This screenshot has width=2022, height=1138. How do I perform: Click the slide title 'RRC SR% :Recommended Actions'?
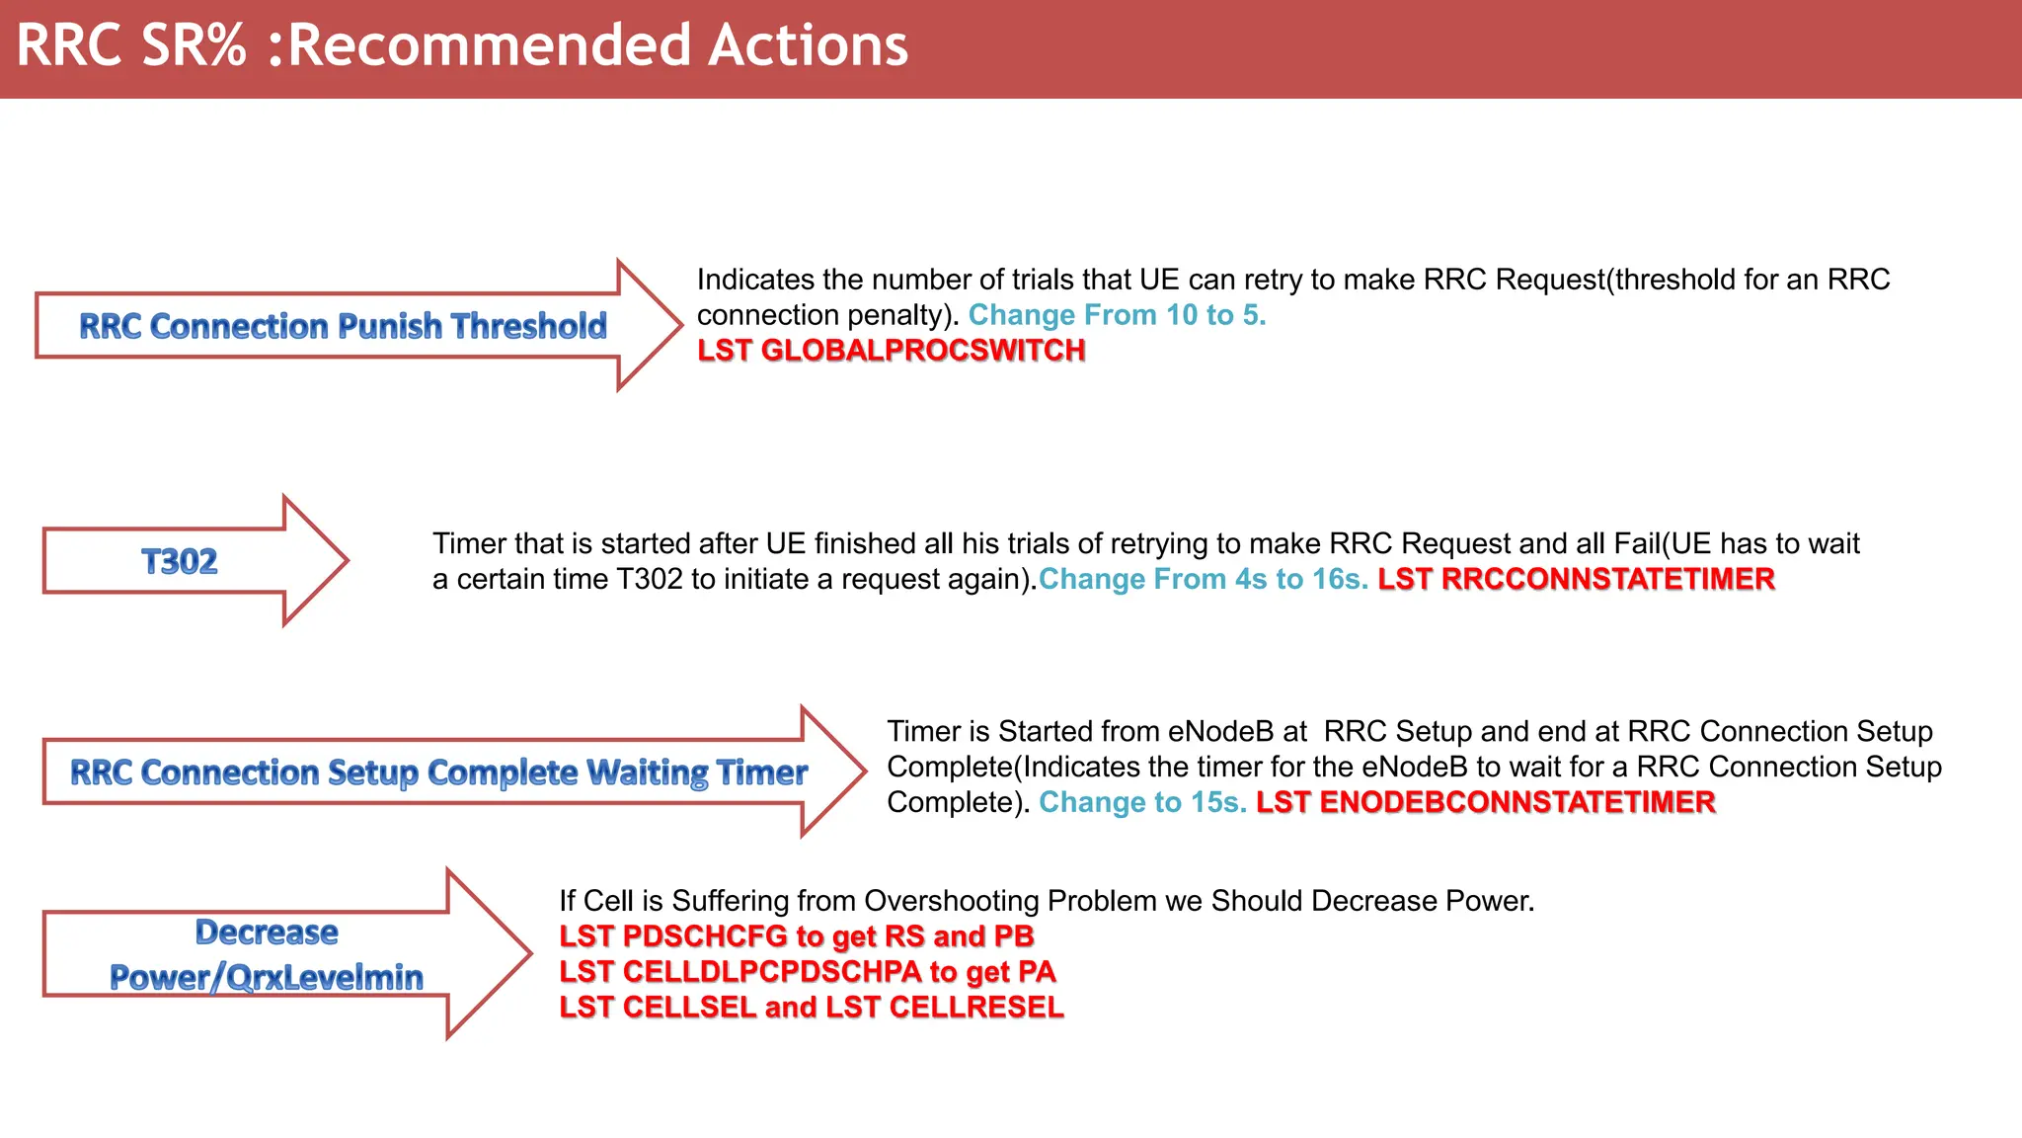(x=462, y=45)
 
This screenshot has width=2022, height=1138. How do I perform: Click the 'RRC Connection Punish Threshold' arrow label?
(x=343, y=326)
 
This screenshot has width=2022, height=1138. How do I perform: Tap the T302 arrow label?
(x=179, y=561)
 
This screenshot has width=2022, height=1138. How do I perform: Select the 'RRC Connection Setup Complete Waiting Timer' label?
(x=438, y=772)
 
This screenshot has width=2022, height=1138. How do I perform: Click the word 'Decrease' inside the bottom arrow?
(x=267, y=932)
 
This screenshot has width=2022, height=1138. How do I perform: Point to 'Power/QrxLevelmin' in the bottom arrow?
(x=267, y=977)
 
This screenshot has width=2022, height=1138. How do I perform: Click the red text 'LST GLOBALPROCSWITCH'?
(x=891, y=351)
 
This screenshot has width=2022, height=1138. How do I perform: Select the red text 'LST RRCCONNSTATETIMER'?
(x=1576, y=579)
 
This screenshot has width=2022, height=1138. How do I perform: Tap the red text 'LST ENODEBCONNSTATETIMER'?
(x=1485, y=802)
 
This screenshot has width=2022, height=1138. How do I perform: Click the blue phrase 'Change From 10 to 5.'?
(x=1117, y=315)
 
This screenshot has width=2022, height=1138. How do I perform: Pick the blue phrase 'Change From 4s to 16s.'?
(x=1203, y=579)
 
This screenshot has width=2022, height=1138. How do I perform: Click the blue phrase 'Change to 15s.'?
(x=1142, y=802)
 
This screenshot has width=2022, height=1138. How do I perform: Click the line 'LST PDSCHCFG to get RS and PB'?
(x=796, y=936)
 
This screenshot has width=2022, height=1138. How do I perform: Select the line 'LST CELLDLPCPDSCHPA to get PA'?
(x=807, y=972)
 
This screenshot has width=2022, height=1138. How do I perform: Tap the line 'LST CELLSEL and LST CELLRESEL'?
(x=811, y=1008)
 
